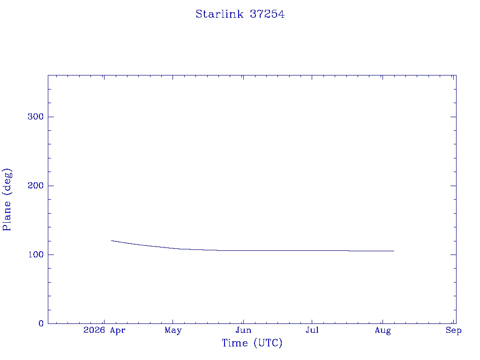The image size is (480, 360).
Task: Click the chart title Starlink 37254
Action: coord(240,14)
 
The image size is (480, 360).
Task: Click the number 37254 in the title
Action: coord(267,14)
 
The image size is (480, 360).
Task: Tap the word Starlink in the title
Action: coord(219,14)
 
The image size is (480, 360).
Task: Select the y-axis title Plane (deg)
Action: coord(7,200)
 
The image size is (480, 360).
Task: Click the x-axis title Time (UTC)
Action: coord(252,343)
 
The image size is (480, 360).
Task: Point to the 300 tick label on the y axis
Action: coord(36,117)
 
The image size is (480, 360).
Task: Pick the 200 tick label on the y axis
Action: coord(36,186)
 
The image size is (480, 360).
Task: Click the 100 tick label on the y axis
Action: coord(36,255)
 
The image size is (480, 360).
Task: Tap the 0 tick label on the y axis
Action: coord(41,323)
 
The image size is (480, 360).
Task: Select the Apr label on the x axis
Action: coord(118,330)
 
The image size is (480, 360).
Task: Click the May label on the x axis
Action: coord(173,330)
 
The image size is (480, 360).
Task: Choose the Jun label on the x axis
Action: coord(243,330)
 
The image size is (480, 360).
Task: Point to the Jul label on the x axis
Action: coord(312,330)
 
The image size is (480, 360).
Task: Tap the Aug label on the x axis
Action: coord(382,330)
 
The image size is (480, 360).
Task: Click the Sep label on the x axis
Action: coord(453,330)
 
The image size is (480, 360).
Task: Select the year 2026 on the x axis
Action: coord(94,330)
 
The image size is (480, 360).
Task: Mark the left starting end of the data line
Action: coord(111,240)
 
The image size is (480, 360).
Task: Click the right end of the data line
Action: coord(394,251)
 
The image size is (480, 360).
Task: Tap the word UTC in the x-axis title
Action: coord(268,343)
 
